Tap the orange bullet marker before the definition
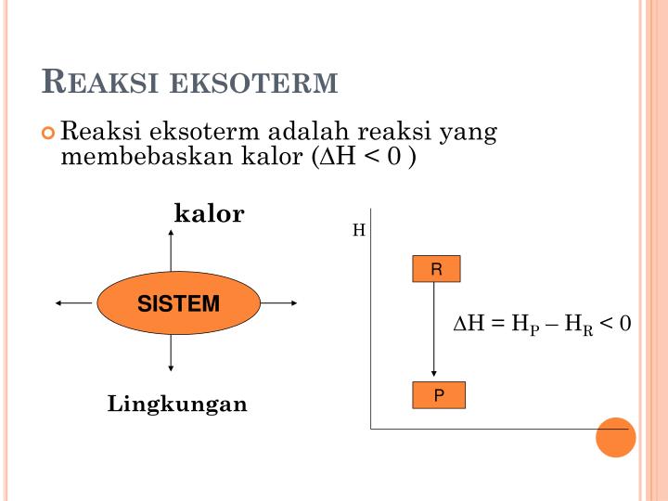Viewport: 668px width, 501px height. (49, 133)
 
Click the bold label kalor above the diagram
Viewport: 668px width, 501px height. (210, 214)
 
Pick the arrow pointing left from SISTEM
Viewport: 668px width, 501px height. (75, 302)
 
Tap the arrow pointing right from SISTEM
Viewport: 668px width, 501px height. (278, 302)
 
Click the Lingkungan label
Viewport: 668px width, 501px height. (177, 405)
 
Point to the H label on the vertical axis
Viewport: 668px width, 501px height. (359, 229)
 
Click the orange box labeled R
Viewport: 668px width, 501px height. (437, 270)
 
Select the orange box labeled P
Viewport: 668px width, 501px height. (439, 396)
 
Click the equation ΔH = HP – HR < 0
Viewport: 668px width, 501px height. (542, 324)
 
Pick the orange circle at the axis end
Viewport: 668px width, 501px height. (615, 437)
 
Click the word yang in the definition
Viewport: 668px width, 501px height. (469, 132)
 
